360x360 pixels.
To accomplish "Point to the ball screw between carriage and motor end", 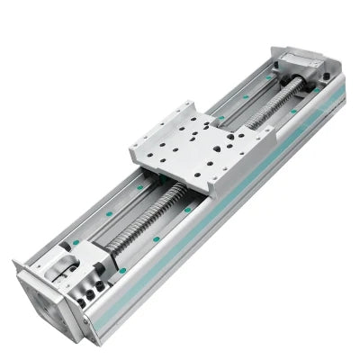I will (144, 216).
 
